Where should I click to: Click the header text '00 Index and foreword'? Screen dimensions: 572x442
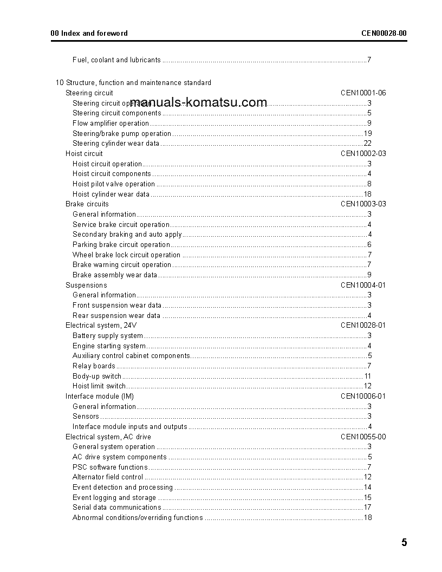pos(89,33)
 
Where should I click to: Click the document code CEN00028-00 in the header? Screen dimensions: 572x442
pos(384,33)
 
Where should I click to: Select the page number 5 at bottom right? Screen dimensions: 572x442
pos(404,543)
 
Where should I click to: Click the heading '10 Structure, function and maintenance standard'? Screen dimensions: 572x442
pos(133,83)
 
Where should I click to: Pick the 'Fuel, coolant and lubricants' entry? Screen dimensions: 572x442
pos(116,60)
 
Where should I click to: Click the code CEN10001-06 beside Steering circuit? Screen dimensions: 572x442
pos(363,93)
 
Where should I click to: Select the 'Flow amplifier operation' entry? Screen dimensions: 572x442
pos(110,123)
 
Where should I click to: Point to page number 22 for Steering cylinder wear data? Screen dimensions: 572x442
pos(367,144)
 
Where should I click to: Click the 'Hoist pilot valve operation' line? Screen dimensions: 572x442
pos(114,184)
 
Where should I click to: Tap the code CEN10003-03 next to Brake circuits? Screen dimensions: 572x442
pos(363,204)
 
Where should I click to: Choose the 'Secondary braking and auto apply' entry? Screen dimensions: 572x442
pos(127,235)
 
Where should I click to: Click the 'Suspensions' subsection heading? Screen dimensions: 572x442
pos(86,285)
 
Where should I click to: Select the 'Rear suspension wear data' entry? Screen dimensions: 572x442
pos(116,316)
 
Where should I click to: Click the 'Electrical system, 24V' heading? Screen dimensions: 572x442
pos(101,326)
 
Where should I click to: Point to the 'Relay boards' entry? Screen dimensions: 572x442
pos(94,366)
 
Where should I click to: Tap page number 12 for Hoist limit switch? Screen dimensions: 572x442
pos(367,386)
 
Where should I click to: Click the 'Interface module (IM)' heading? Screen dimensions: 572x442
pos(100,396)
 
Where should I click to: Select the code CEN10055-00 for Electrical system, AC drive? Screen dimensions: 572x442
pos(363,437)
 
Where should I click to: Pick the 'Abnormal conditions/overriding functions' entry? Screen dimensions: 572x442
pos(138,518)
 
